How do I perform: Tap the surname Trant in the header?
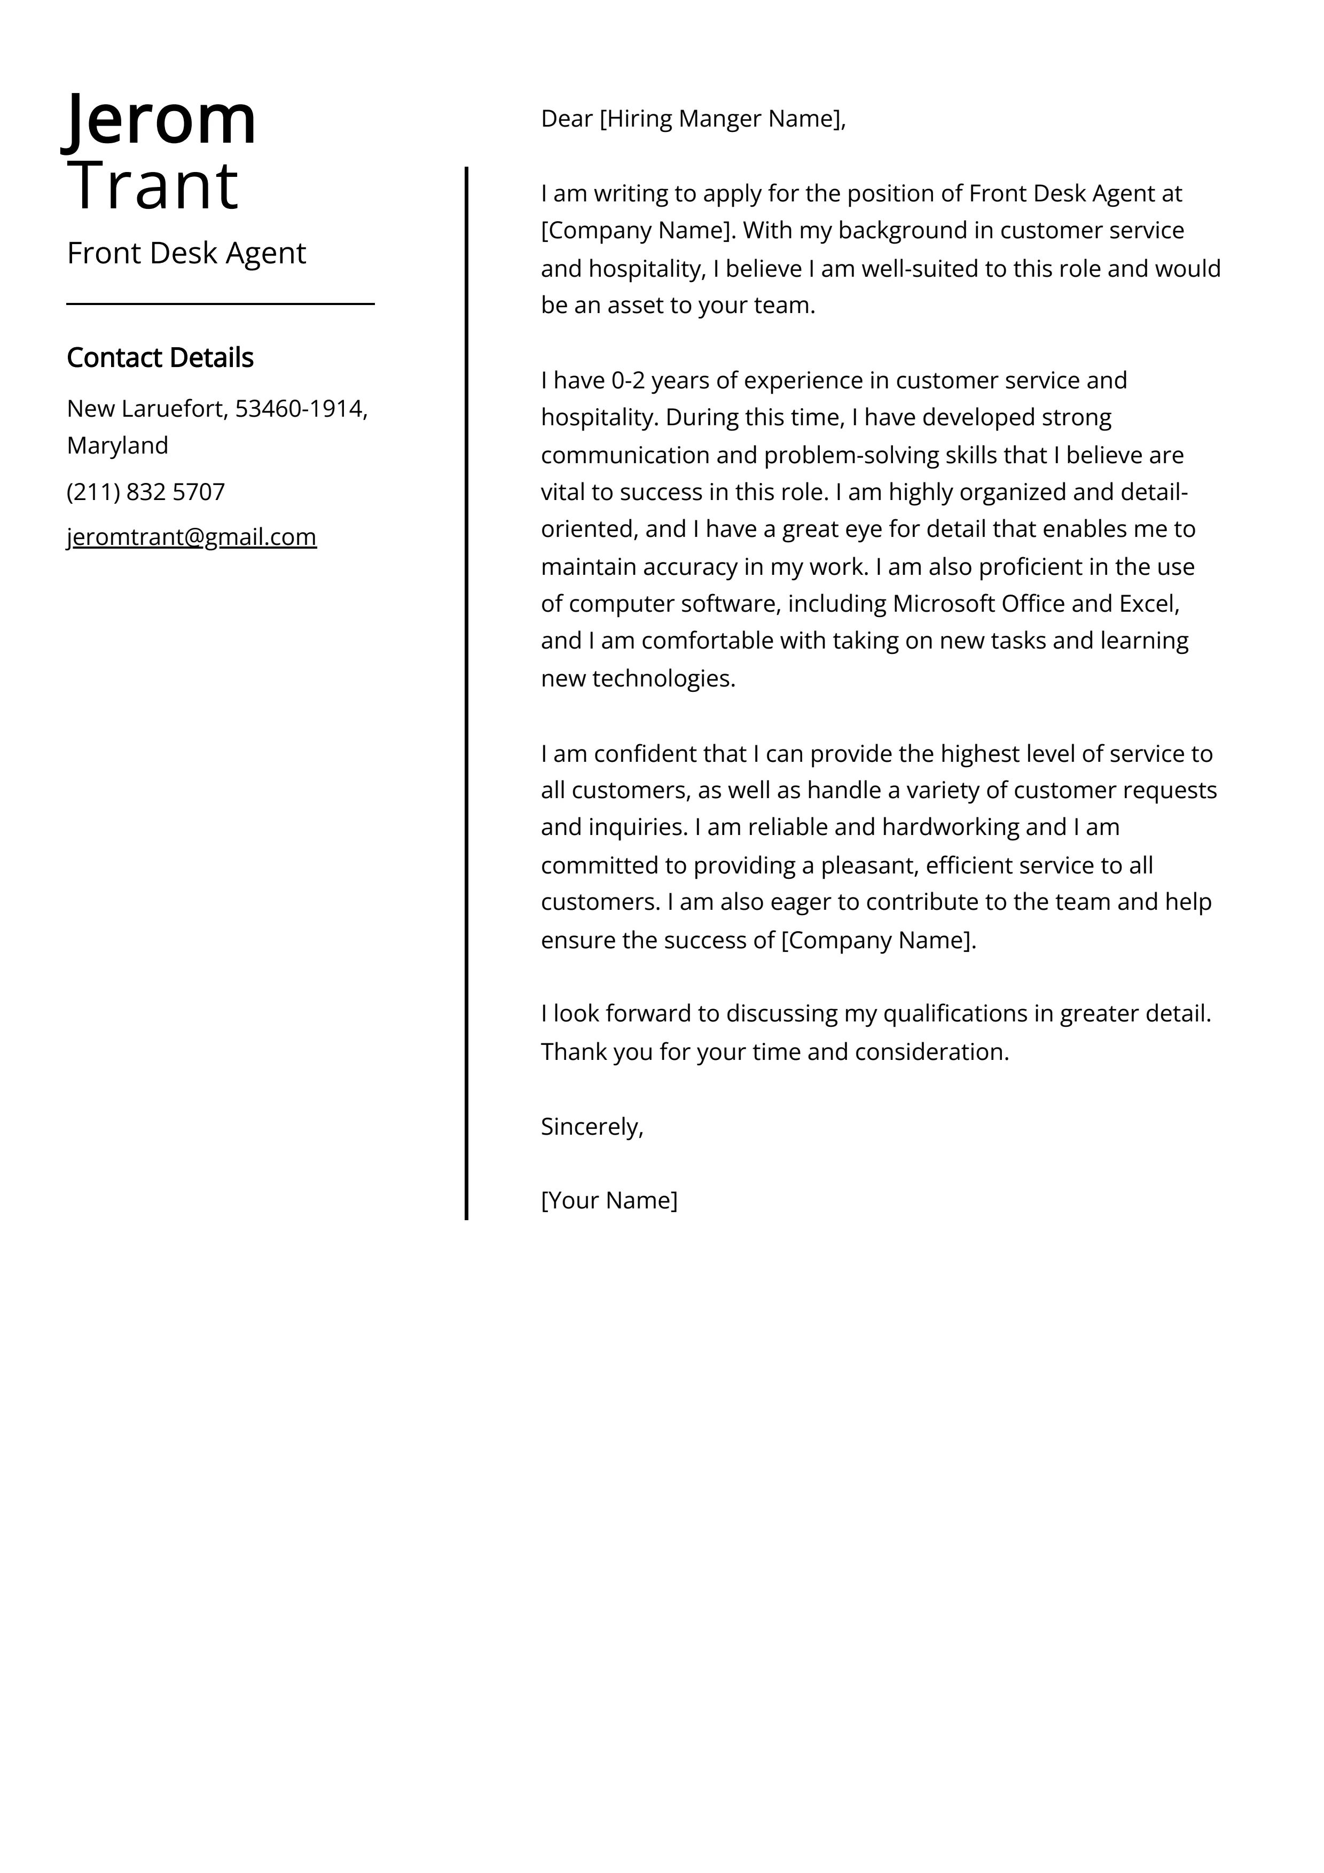[153, 185]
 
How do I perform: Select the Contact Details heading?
[160, 357]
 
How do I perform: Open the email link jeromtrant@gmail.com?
[192, 537]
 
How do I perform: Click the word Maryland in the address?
[117, 446]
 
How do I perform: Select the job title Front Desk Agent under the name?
[186, 253]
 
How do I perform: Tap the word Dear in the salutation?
[566, 119]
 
